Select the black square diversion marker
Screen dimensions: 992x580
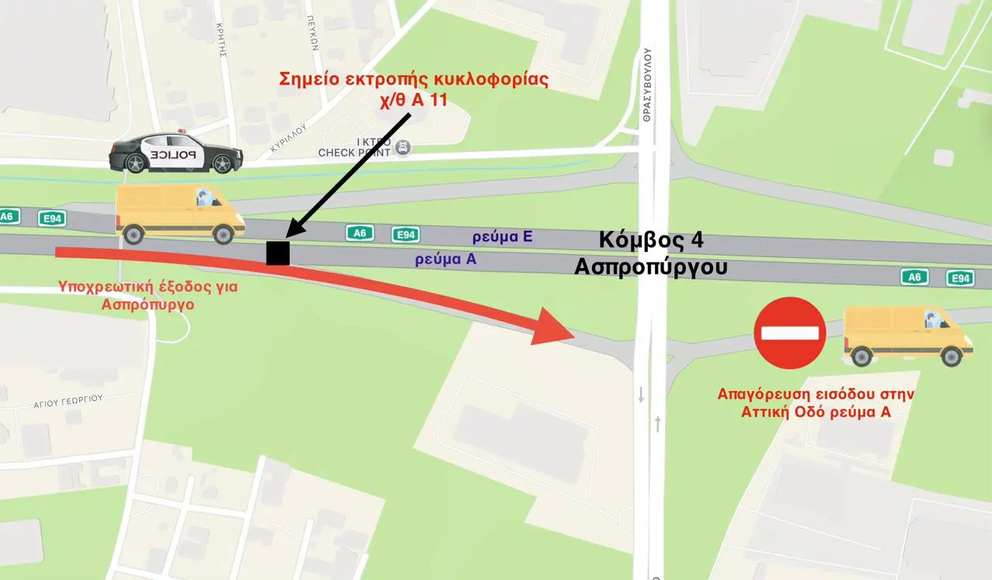tap(277, 253)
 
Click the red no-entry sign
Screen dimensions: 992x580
tap(790, 333)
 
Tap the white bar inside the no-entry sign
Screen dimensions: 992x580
tap(790, 333)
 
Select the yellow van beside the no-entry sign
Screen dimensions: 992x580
tap(908, 335)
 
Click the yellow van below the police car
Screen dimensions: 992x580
tap(180, 214)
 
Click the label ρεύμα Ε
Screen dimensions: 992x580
tap(503, 236)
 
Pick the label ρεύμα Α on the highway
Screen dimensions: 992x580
tap(446, 261)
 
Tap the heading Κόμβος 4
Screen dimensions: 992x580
tap(651, 240)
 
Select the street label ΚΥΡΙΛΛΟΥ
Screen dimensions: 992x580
tap(290, 136)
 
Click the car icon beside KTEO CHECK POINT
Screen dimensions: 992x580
tap(403, 147)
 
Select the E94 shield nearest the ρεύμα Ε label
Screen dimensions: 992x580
tap(405, 234)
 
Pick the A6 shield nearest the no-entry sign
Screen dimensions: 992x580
tap(914, 276)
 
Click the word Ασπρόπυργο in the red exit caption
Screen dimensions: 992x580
tap(147, 304)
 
